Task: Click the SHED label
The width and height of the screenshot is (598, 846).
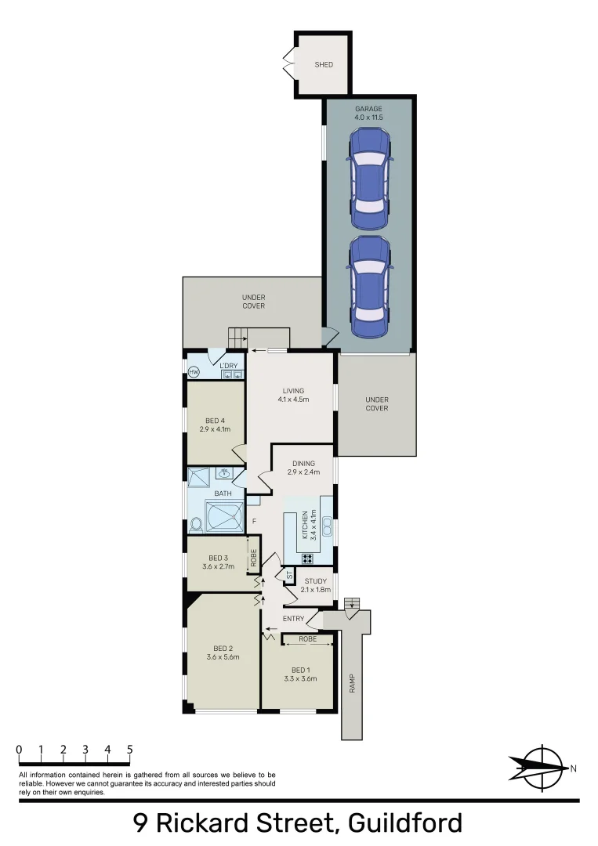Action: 324,64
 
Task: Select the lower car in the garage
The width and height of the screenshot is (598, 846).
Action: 370,286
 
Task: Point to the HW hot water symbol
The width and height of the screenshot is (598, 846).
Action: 194,371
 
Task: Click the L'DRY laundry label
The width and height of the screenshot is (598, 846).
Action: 228,366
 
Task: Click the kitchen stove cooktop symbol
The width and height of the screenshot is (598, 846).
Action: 308,559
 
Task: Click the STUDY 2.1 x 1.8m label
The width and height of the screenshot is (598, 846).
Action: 316,585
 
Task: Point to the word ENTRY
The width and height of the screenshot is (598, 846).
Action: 294,620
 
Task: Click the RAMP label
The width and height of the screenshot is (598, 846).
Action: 353,683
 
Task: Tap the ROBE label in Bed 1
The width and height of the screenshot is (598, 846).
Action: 308,639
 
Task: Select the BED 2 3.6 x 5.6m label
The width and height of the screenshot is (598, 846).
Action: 223,653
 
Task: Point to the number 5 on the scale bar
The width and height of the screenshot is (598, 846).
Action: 129,750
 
